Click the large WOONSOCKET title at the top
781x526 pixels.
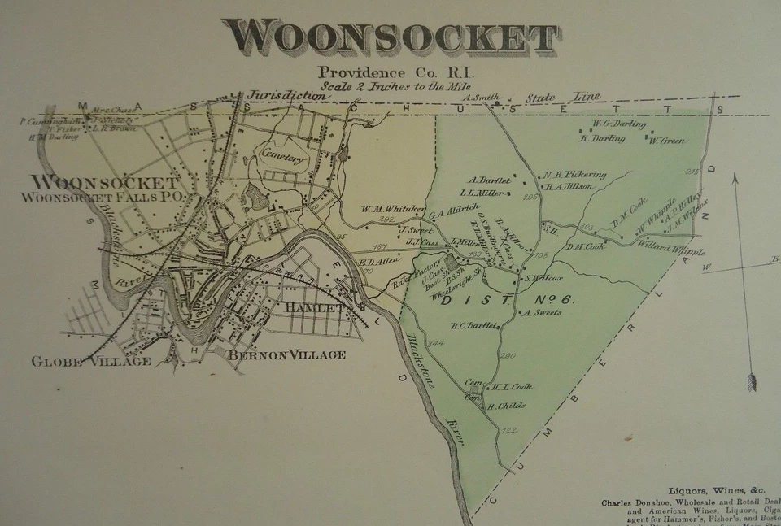tap(390, 37)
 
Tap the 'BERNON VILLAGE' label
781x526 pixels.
tap(286, 355)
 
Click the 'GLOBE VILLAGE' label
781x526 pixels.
tap(91, 361)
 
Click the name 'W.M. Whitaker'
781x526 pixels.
tap(394, 209)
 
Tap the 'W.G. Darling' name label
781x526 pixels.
tap(619, 124)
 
